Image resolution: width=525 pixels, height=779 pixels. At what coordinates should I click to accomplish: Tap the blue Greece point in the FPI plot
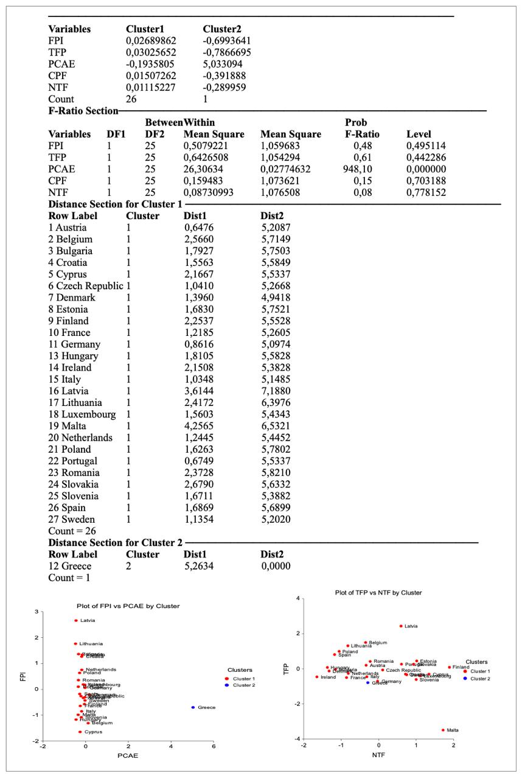192,707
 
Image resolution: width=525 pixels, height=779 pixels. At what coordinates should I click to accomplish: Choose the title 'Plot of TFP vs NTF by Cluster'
378,592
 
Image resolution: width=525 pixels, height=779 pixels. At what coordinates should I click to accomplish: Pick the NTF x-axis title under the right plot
378,755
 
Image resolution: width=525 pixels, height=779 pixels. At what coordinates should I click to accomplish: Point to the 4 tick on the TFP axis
297,599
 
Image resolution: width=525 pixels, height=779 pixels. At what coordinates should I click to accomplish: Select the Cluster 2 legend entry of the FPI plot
240,685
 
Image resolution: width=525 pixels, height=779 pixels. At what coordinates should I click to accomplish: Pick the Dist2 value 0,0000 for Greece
276,566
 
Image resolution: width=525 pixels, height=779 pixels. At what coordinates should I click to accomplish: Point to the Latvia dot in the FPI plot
76,621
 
